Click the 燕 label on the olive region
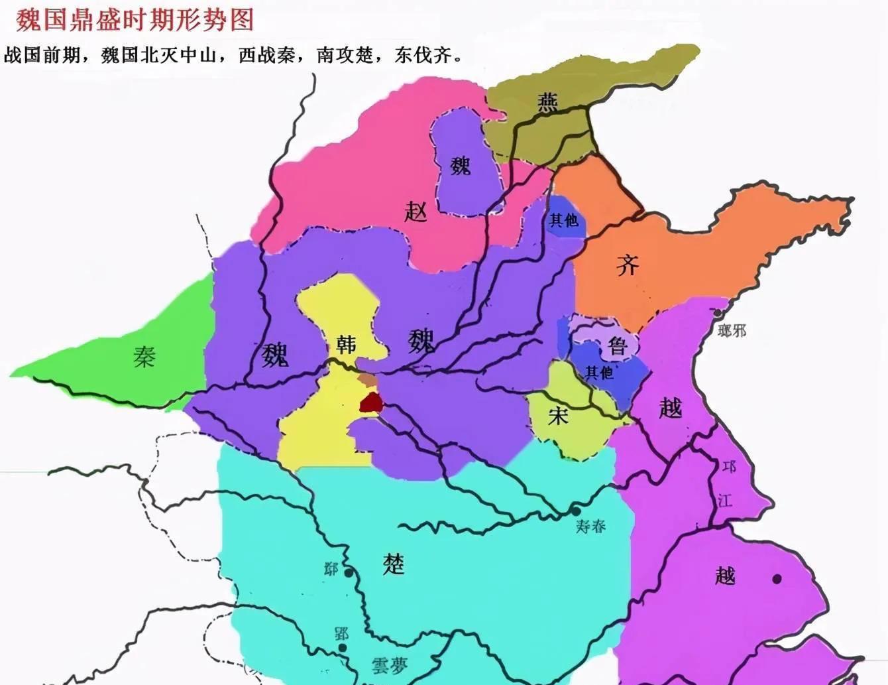(547, 102)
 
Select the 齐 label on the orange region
(627, 265)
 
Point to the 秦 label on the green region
(144, 357)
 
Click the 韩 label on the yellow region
(346, 344)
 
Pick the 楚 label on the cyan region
(393, 564)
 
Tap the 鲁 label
(617, 345)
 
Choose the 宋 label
(558, 416)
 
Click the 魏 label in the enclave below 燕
(460, 164)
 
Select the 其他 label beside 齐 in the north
(563, 219)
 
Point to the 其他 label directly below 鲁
(599, 373)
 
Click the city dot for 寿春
(576, 511)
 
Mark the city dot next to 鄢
(349, 572)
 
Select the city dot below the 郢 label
(342, 648)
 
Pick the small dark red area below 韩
(371, 403)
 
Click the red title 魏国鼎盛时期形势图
(135, 20)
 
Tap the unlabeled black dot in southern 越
(777, 579)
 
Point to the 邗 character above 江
(729, 467)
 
